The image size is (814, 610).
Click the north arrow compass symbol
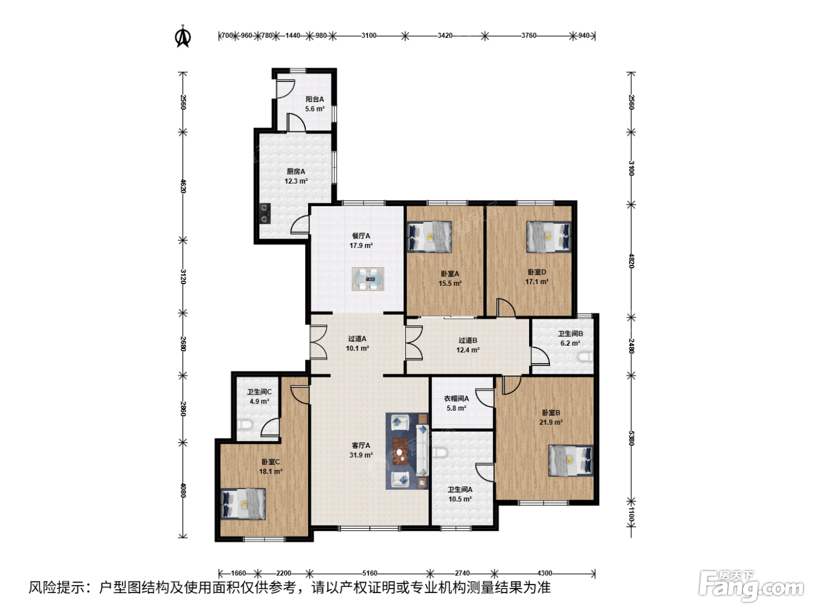[x=183, y=36]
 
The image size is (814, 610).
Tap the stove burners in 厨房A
[x=265, y=213]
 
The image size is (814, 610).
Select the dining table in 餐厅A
[x=367, y=278]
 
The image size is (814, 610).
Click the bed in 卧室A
[x=429, y=236]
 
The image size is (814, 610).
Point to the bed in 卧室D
[x=548, y=236]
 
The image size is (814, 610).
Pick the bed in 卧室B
[x=571, y=460]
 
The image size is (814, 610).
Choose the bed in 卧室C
[x=243, y=504]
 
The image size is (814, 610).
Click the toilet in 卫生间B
[x=585, y=357]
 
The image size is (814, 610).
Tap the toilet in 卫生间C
[x=245, y=425]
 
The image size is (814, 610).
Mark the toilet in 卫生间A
[x=440, y=452]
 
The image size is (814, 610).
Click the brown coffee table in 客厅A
[x=400, y=451]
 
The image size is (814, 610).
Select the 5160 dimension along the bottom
[x=369, y=573]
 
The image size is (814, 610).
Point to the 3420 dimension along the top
[x=445, y=35]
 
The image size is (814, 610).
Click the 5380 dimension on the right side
[x=631, y=439]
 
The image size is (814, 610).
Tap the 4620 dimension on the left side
[x=183, y=186]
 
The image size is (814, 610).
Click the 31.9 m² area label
[x=361, y=455]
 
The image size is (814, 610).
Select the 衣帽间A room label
[x=456, y=399]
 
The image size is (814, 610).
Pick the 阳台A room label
[x=315, y=99]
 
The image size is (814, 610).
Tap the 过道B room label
[x=467, y=340]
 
